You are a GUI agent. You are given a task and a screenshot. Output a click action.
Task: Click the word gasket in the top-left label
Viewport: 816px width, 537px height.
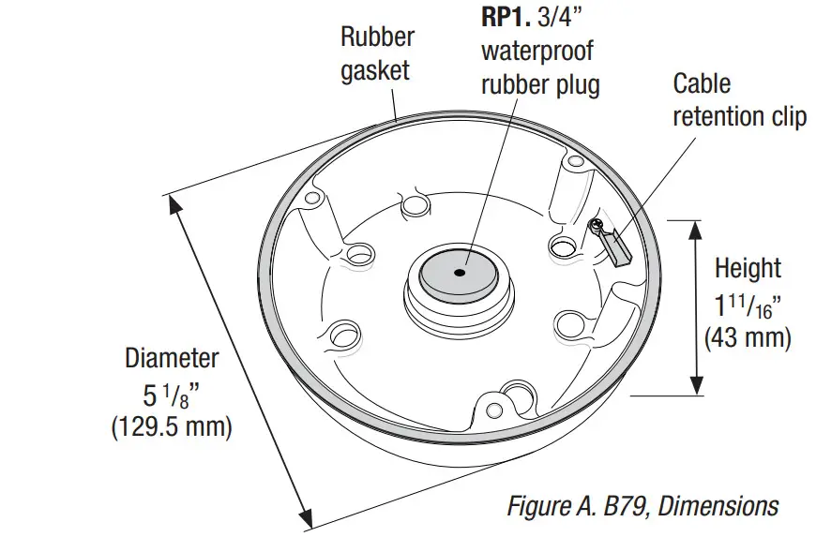point(375,71)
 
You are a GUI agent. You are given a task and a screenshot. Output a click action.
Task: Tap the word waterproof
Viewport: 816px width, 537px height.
point(537,51)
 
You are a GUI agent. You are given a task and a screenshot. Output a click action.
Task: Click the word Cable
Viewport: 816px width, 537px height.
point(702,83)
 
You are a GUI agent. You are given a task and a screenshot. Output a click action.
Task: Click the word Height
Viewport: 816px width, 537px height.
point(748,268)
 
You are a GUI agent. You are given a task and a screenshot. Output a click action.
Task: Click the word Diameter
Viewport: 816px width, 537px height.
point(172,358)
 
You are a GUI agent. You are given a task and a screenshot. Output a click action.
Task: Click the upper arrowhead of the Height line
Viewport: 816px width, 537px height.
point(696,229)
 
